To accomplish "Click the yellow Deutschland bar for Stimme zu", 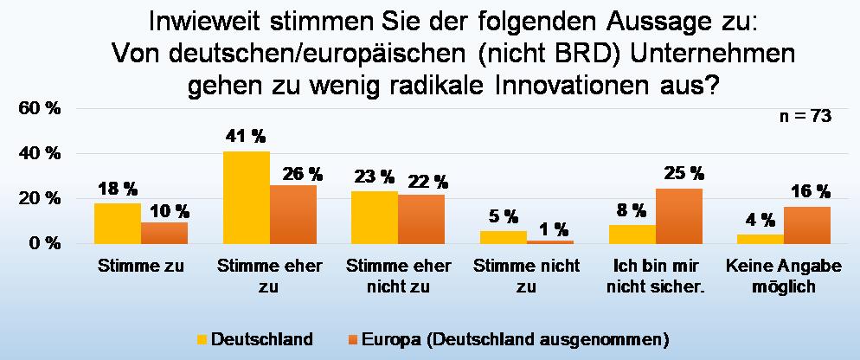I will [x=118, y=223].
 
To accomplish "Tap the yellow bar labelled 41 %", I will [x=246, y=197].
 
